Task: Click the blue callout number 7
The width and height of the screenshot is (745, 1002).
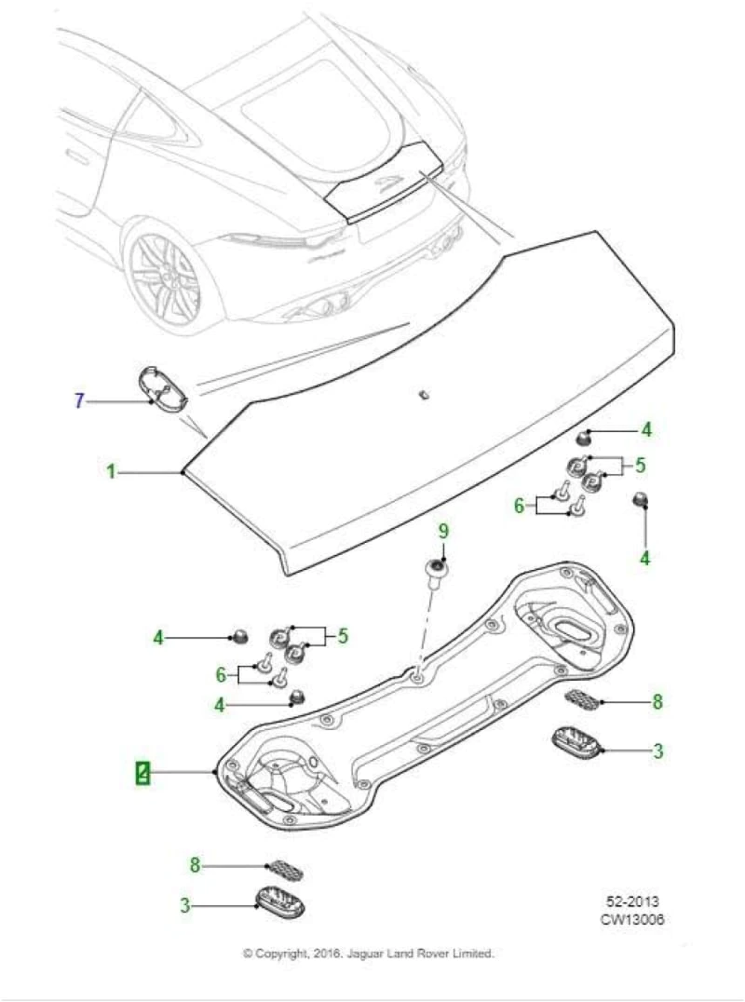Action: point(79,401)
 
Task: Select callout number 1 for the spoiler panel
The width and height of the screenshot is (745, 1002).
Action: point(110,472)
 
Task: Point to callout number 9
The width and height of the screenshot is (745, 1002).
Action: point(443,531)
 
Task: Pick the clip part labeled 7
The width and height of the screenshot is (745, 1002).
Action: point(160,387)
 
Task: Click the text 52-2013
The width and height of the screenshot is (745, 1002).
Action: point(632,902)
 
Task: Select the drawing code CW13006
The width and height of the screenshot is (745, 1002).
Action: point(632,919)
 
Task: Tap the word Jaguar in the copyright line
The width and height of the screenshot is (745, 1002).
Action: point(364,954)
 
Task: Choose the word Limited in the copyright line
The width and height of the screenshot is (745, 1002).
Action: point(474,954)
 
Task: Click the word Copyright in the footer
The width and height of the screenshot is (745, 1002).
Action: point(282,954)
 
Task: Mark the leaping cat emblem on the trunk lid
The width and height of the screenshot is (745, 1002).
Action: point(387,182)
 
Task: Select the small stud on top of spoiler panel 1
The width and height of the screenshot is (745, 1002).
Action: point(422,393)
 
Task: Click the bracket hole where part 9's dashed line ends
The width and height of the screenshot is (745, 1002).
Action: point(417,676)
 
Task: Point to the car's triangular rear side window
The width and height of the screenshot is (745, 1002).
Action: point(160,123)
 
